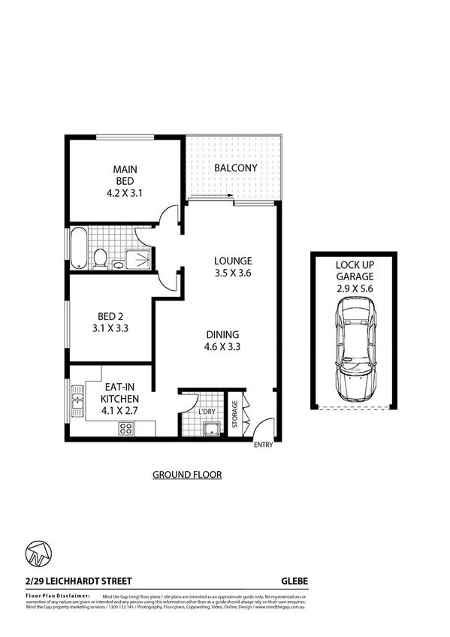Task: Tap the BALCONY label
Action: click(236, 168)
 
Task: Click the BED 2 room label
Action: click(108, 321)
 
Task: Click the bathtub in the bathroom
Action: click(77, 248)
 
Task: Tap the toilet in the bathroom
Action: click(100, 258)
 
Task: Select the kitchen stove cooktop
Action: click(125, 429)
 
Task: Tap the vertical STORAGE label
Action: click(234, 414)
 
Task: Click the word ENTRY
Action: click(264, 445)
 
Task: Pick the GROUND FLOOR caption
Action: click(187, 474)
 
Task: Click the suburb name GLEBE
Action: click(294, 581)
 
